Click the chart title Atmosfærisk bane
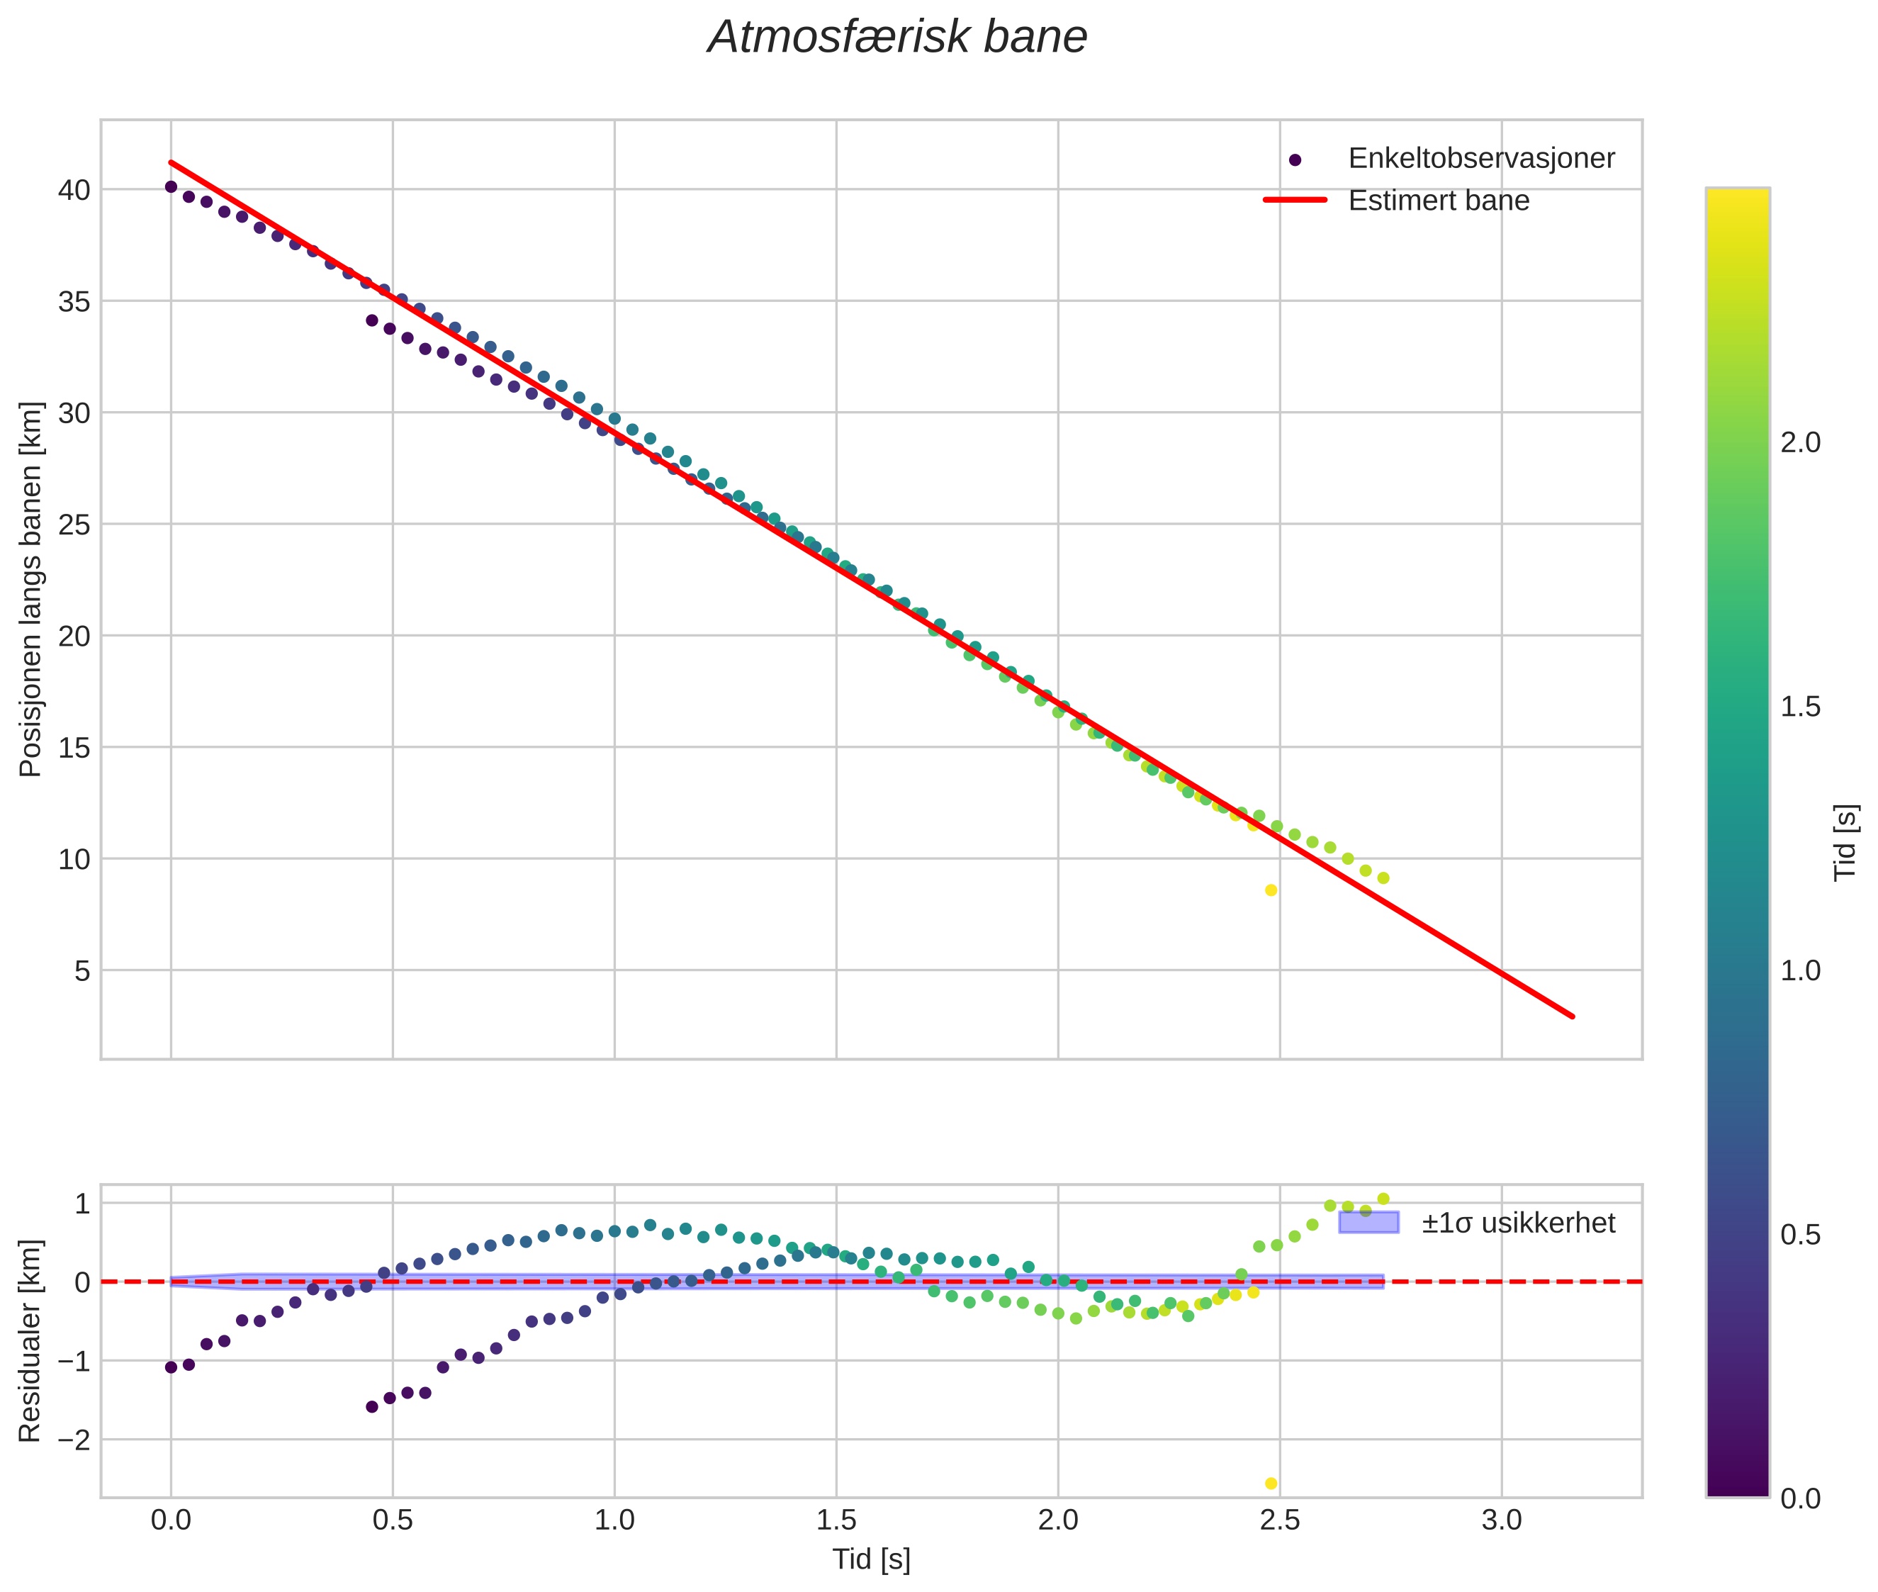click(x=897, y=38)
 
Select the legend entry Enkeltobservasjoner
click(x=1480, y=159)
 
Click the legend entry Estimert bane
click(x=1438, y=201)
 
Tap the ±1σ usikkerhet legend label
click(x=1518, y=1223)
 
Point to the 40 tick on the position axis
click(x=74, y=189)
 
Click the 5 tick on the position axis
click(x=82, y=970)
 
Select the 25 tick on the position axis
click(x=74, y=525)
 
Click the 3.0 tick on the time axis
click(x=1502, y=1520)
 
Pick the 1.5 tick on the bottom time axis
click(x=836, y=1520)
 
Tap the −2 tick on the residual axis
click(x=74, y=1440)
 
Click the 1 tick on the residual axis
click(x=82, y=1203)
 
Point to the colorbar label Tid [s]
click(x=1846, y=842)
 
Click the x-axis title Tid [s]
click(x=871, y=1559)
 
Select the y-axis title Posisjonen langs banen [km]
click(x=30, y=588)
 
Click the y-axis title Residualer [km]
click(x=30, y=1340)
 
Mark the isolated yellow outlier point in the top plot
click(x=1271, y=890)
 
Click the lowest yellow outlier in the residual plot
click(x=1271, y=1483)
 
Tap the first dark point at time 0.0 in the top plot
click(x=171, y=187)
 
